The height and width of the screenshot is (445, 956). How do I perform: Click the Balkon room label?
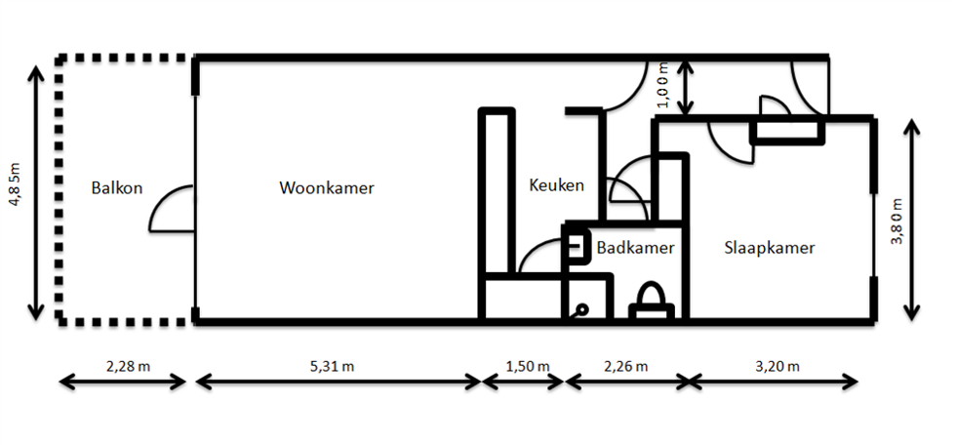click(x=117, y=187)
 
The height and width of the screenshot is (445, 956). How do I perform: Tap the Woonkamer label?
click(x=326, y=187)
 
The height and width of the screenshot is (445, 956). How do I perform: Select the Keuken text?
click(x=556, y=184)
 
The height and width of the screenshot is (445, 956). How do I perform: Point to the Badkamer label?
click(x=635, y=248)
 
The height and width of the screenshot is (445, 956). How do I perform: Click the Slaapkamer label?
click(x=769, y=248)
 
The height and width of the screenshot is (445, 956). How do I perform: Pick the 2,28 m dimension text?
click(x=127, y=367)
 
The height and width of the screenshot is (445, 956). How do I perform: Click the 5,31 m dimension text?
click(x=335, y=367)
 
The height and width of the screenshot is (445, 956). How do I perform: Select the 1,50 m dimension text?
click(x=525, y=367)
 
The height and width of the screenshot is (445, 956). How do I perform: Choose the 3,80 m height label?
click(x=896, y=222)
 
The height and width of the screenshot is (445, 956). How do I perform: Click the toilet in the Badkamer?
click(x=651, y=299)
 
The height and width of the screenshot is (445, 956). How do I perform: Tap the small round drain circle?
click(x=581, y=309)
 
